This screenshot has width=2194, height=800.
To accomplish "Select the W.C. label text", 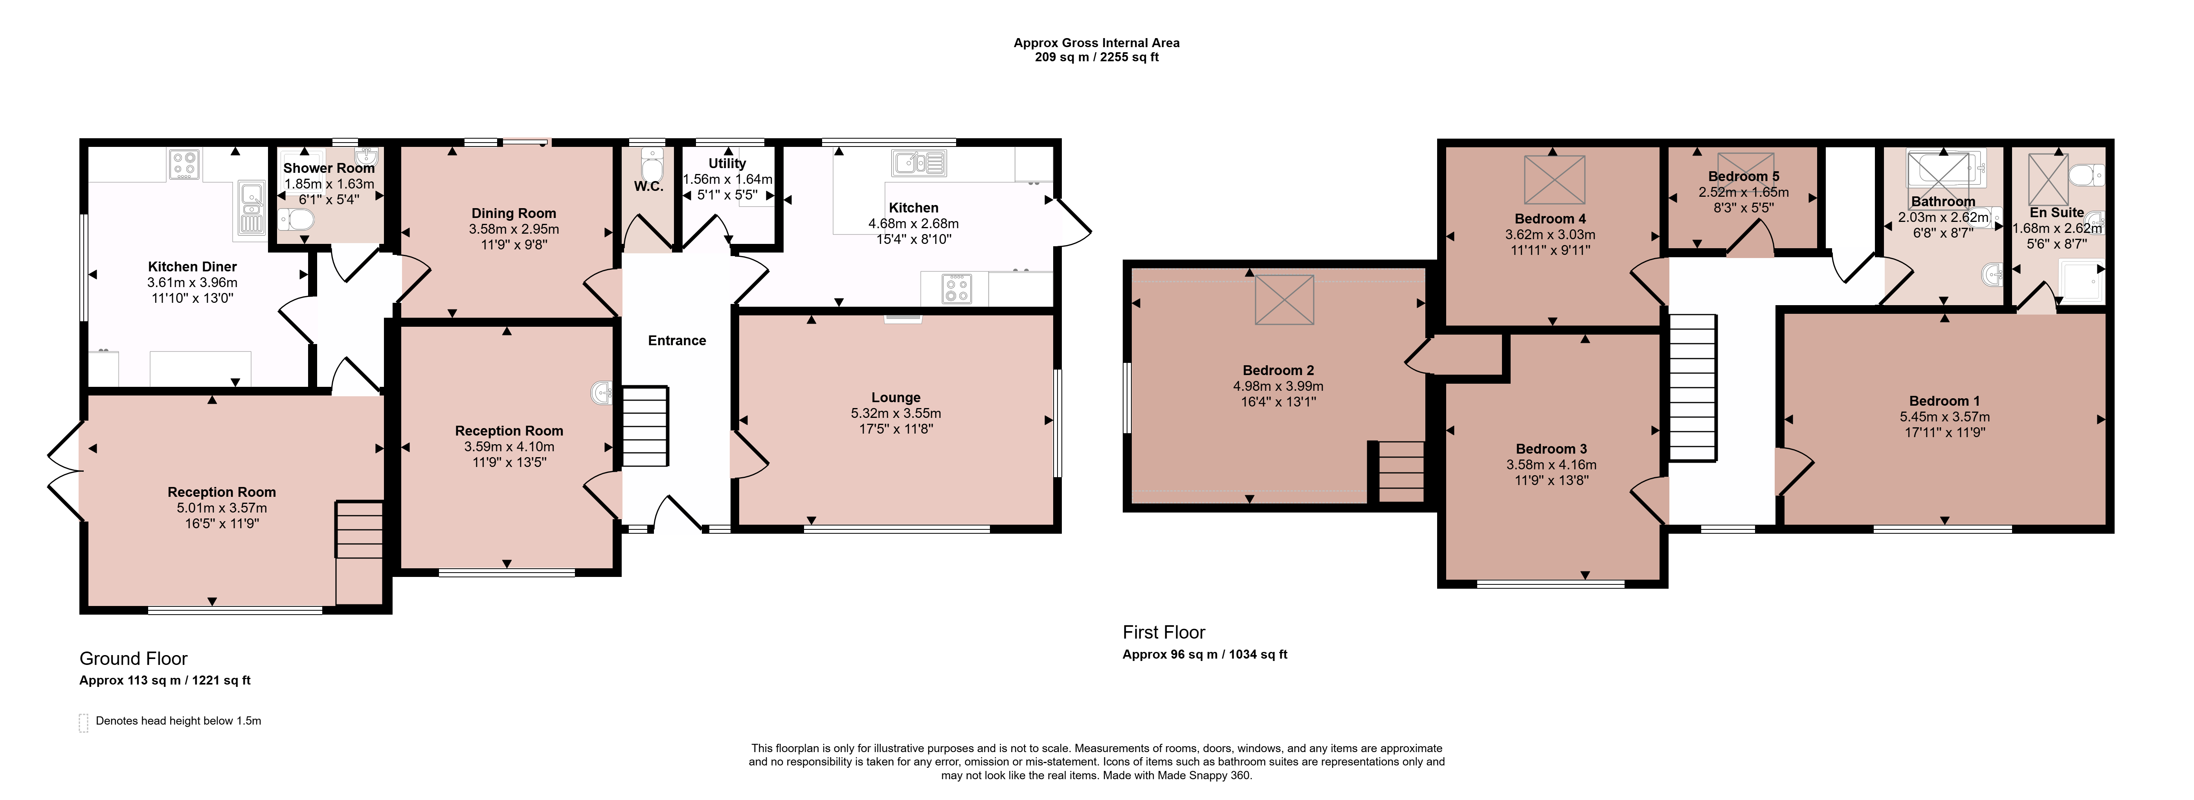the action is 648,187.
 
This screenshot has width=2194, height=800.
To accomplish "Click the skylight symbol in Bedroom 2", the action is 1284,300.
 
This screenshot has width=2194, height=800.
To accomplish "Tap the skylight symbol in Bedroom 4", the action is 1554,179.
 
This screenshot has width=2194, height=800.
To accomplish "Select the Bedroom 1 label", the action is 1944,401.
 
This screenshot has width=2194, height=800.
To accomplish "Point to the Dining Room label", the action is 514,214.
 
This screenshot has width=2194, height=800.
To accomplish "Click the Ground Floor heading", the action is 134,659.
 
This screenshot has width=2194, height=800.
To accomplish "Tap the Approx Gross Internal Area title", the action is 1096,42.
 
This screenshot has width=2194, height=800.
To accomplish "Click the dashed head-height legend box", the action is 83,723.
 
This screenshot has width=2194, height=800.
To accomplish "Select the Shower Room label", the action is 329,168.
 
